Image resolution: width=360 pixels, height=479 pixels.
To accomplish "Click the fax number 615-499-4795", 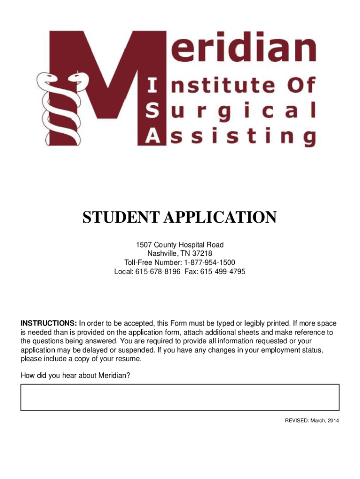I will [x=223, y=272].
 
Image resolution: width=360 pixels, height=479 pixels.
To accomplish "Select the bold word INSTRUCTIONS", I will [x=48, y=323].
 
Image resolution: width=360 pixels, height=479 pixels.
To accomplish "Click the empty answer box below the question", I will [x=180, y=398].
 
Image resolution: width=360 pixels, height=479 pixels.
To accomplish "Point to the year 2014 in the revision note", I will [x=333, y=421].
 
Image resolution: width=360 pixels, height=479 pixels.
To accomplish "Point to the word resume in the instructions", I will [x=128, y=359].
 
